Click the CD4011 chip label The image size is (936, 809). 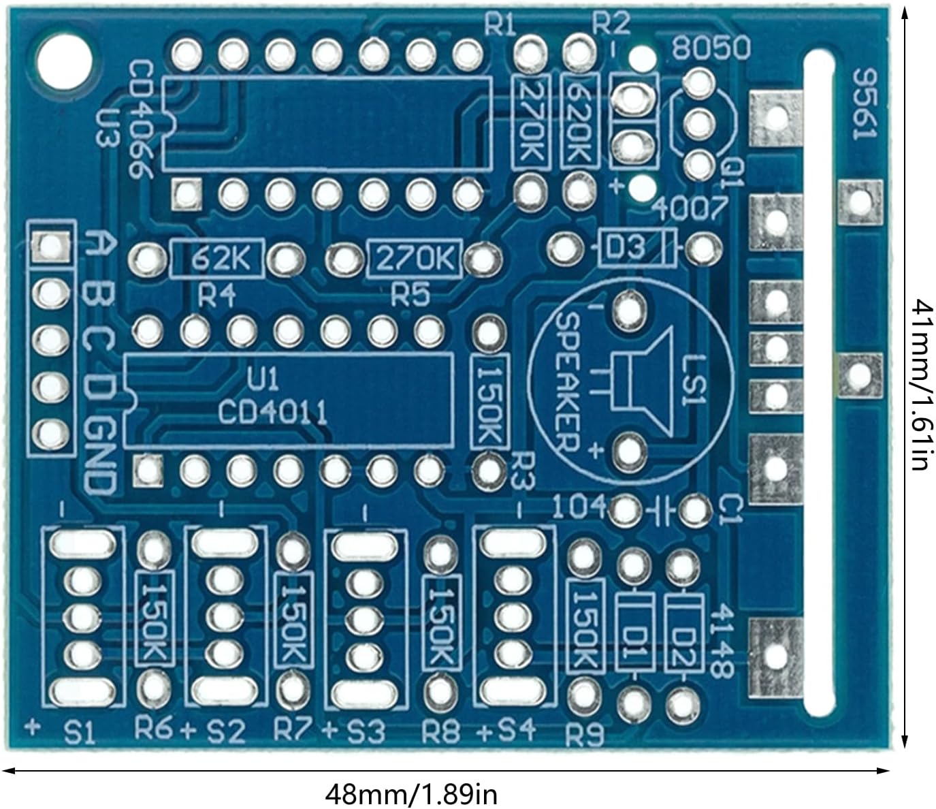[272, 411]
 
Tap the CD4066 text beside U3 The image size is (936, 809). [141, 120]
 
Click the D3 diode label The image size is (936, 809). [625, 247]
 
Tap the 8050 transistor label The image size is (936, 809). [711, 48]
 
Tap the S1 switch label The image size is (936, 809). [80, 734]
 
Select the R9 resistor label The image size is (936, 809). [585, 735]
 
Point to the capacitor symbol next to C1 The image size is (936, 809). [660, 509]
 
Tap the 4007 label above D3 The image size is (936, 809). [689, 209]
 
